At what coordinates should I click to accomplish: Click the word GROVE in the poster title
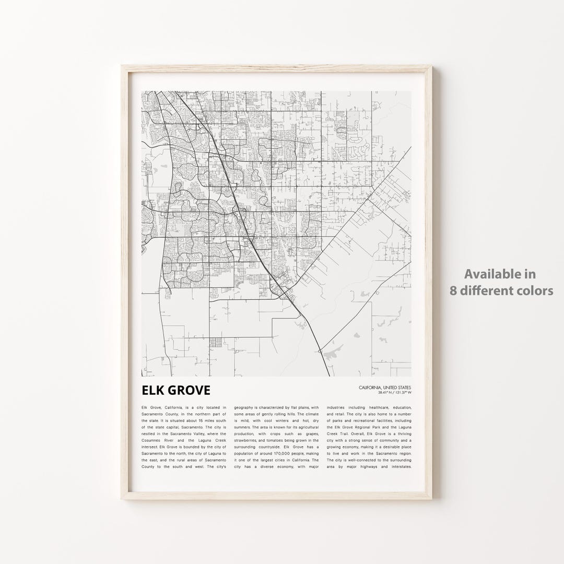(x=186, y=391)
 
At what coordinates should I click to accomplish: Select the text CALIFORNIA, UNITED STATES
(x=385, y=387)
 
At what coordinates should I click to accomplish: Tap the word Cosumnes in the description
(x=152, y=440)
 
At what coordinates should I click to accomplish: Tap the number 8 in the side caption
(x=454, y=291)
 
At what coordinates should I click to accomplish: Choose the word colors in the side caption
(x=535, y=291)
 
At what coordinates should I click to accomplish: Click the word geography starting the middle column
(x=245, y=407)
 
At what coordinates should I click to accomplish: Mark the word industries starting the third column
(x=338, y=407)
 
